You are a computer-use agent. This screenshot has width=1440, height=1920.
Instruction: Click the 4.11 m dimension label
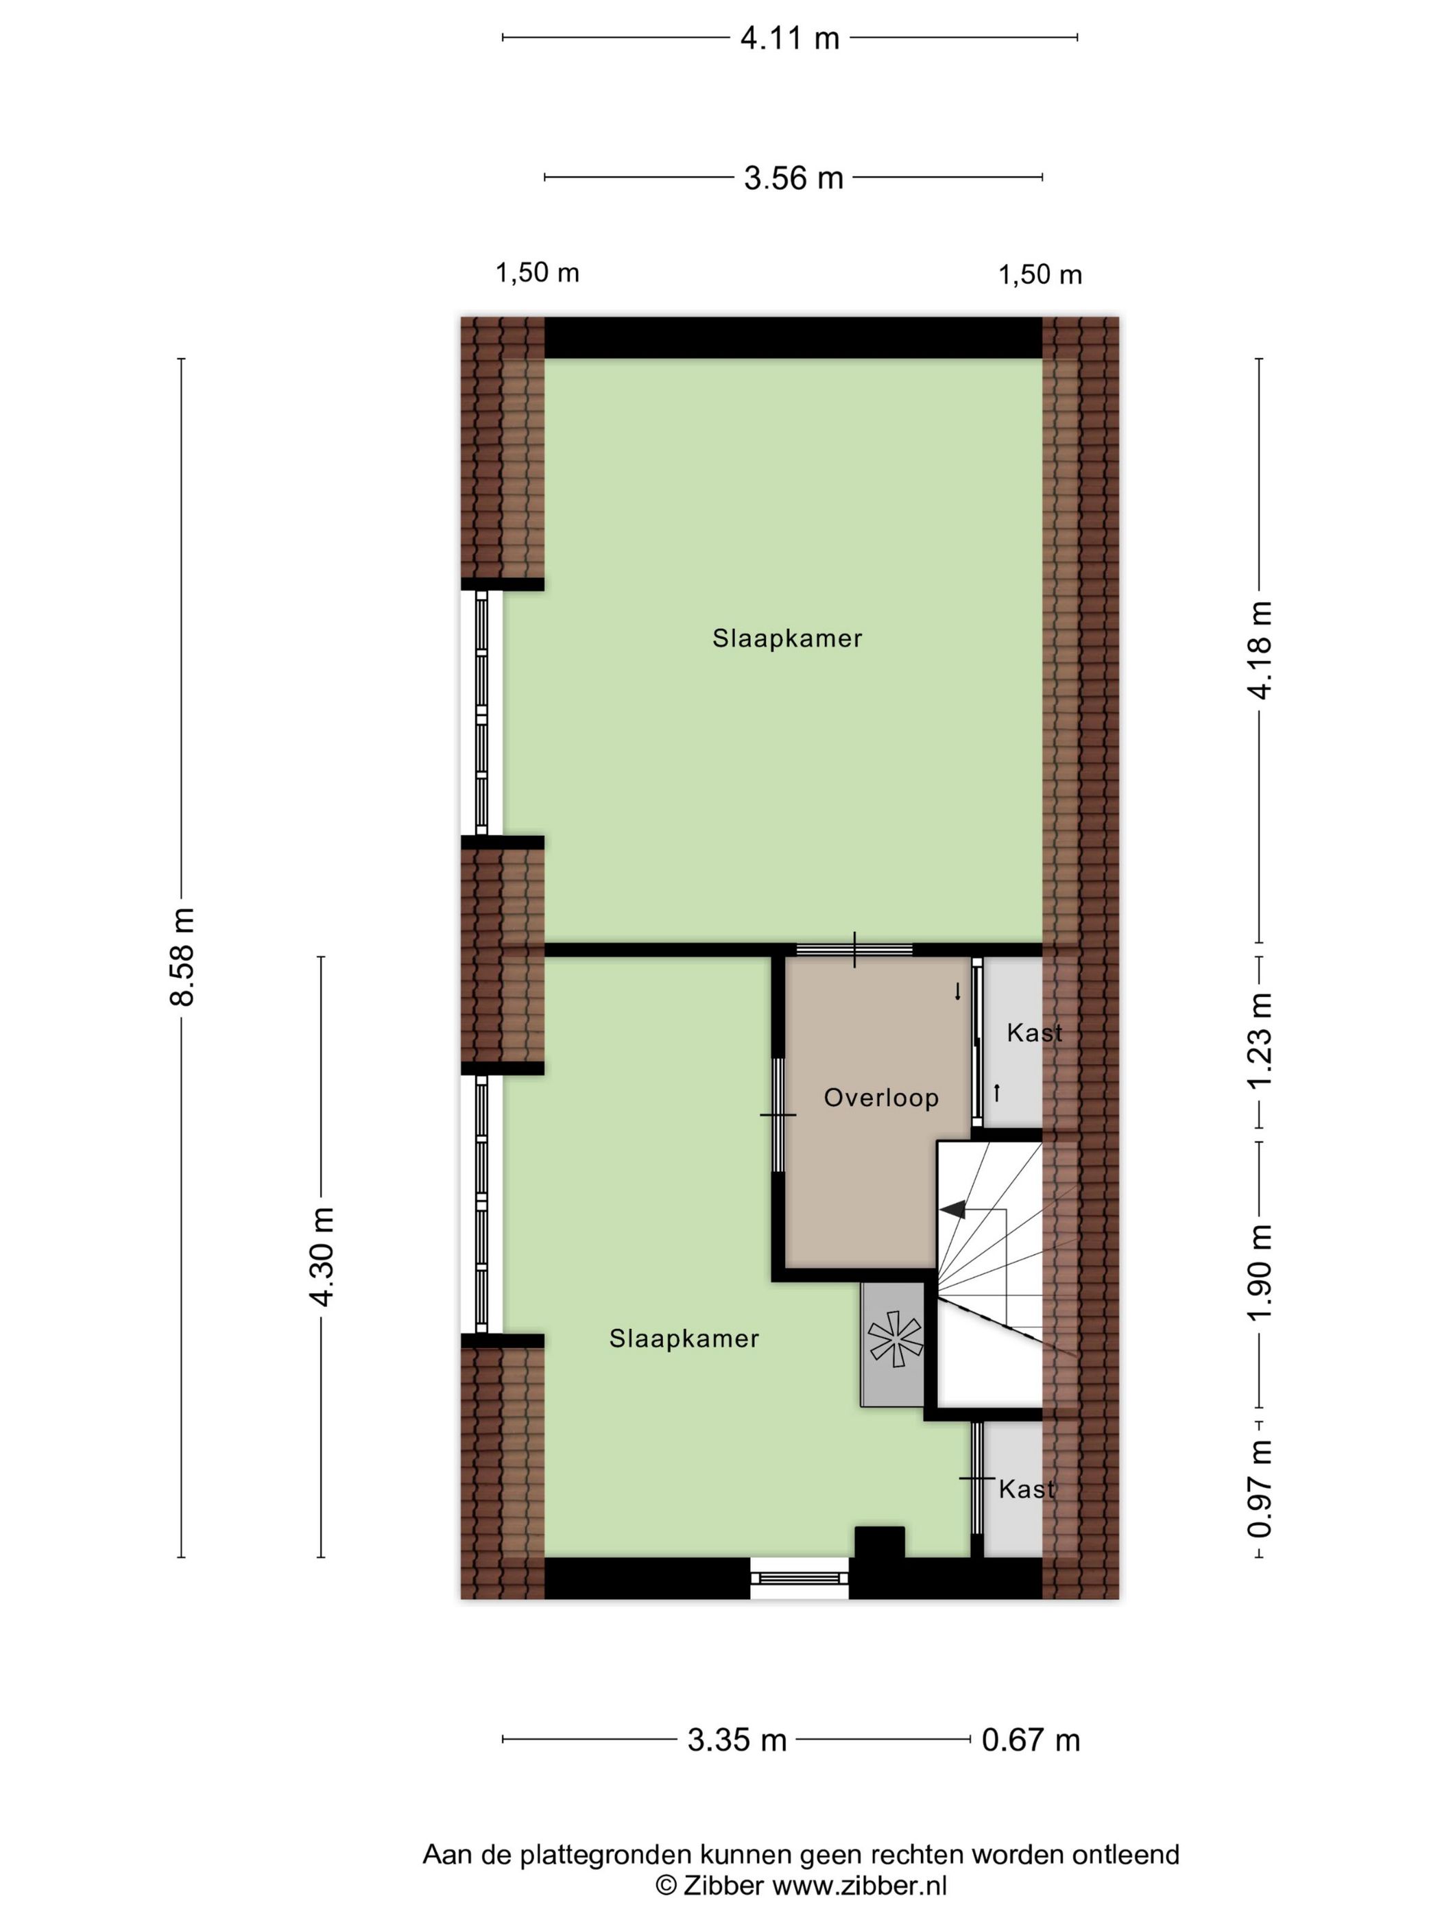tap(789, 38)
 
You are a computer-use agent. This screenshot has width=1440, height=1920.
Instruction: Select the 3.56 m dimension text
tap(793, 178)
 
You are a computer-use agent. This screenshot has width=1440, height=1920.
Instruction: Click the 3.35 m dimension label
tap(737, 1740)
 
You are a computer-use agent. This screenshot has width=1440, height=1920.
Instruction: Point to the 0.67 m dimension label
tap(1031, 1740)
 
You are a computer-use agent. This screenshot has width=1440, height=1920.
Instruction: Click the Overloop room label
tap(881, 1098)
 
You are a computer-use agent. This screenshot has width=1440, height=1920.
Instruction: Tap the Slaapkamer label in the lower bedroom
tap(684, 1339)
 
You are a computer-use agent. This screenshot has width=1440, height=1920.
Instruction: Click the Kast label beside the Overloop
tap(1035, 1033)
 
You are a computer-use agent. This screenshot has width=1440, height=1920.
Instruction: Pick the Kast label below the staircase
tap(1027, 1489)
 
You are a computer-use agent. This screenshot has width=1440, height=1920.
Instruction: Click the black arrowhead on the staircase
tap(953, 1208)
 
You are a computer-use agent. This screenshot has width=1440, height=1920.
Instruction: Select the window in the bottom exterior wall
tap(800, 1577)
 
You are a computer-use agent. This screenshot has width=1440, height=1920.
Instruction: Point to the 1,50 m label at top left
tap(538, 274)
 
